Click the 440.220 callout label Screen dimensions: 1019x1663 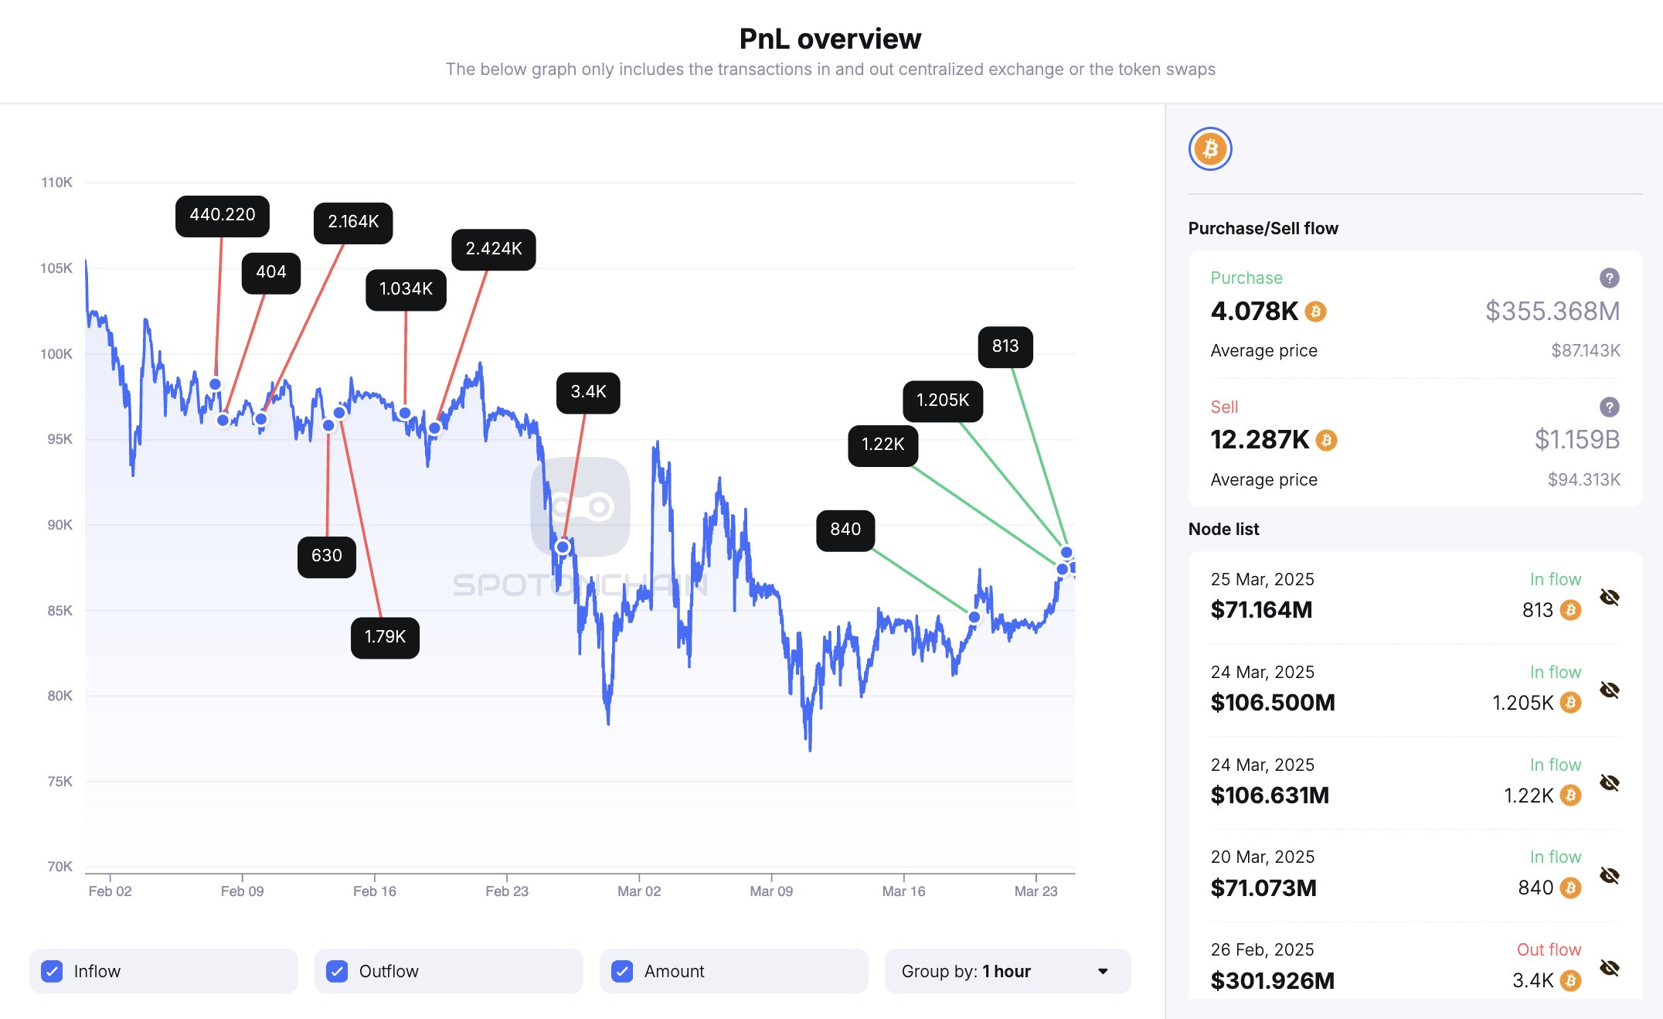pos(223,216)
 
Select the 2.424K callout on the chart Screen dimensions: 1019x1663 pos(493,249)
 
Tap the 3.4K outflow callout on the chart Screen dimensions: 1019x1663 pos(588,392)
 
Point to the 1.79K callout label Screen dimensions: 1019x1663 pos(385,637)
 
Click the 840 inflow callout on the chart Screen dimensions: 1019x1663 pos(845,530)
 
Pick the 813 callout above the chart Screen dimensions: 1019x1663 pos(1005,346)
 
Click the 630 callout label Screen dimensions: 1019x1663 pos(326,556)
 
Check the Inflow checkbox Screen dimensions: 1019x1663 pos(52,971)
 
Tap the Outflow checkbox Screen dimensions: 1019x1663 pos(337,971)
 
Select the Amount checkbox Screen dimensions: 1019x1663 pos(622,971)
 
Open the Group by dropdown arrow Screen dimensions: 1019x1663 pos(1103,971)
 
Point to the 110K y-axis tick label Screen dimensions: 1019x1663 pos(57,182)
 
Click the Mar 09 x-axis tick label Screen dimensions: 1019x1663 pos(771,891)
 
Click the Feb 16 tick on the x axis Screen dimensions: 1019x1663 pos(375,891)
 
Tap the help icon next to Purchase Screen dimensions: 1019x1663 pos(1609,278)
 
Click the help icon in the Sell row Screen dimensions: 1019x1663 pos(1609,407)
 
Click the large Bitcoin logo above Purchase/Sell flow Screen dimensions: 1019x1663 pos(1210,148)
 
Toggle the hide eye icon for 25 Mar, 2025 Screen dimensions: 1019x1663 pos(1609,597)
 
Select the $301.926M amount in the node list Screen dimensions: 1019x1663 pos(1273,980)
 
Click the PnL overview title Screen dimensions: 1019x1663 pos(830,39)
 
